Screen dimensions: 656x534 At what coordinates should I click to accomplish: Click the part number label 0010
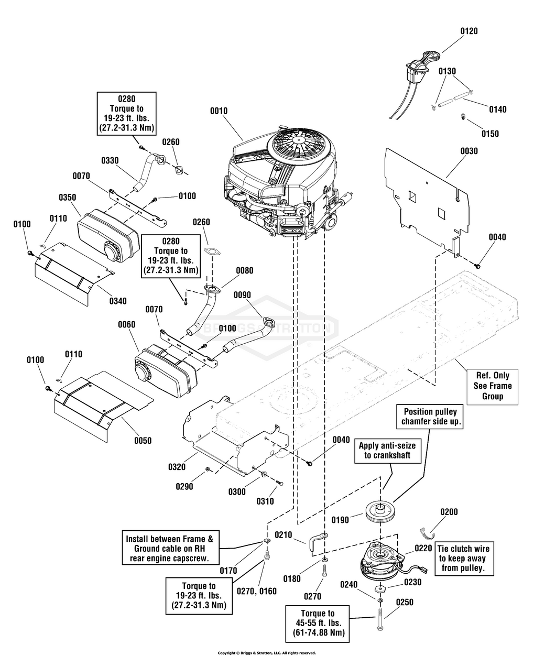click(219, 111)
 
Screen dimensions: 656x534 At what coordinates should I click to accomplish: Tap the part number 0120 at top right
click(469, 31)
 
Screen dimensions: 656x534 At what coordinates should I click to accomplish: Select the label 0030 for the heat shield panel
click(469, 151)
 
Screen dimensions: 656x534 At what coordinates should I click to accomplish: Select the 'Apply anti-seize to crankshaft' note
click(387, 451)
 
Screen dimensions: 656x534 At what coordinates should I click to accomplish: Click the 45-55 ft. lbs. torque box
click(318, 623)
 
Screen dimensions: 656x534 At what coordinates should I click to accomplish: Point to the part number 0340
click(118, 301)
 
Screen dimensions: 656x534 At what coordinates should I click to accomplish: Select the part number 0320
click(178, 466)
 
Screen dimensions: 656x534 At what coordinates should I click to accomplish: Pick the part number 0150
click(490, 134)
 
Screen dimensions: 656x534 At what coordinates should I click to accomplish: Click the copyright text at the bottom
click(267, 653)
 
